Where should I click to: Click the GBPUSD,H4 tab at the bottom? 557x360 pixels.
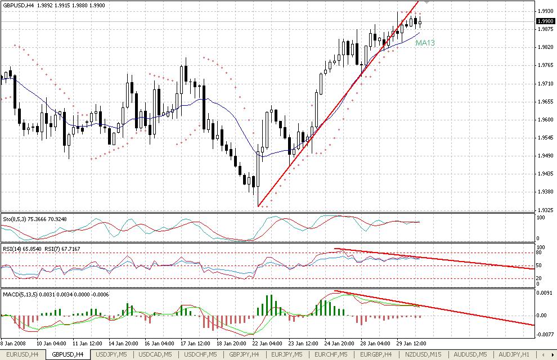tap(68, 354)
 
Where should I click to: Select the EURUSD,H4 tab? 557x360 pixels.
tap(24, 354)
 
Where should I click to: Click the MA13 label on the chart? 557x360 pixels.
tap(425, 43)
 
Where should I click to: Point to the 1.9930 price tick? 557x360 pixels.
tap(545, 11)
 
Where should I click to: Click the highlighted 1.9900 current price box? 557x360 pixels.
tap(545, 21)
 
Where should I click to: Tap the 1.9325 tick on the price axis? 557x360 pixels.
tap(545, 210)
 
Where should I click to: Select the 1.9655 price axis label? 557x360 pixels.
tap(545, 102)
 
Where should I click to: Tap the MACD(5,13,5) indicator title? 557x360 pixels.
tap(19, 293)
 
